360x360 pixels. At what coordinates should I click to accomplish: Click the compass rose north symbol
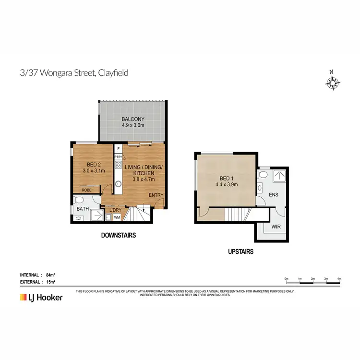pyautogui.click(x=332, y=83)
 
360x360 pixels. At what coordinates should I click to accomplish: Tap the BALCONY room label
pyautogui.click(x=133, y=119)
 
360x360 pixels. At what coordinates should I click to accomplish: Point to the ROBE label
pyautogui.click(x=86, y=190)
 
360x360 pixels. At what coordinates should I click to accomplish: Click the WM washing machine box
pyautogui.click(x=117, y=217)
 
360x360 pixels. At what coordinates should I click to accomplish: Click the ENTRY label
pyautogui.click(x=156, y=195)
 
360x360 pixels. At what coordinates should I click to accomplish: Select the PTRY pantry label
pyautogui.click(x=118, y=157)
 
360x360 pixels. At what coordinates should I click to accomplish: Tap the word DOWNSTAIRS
pyautogui.click(x=119, y=236)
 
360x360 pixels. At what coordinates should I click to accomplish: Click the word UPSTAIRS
pyautogui.click(x=241, y=252)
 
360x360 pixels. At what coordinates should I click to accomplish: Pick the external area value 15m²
pyautogui.click(x=51, y=282)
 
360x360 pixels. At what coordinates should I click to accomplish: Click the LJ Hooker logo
pyautogui.click(x=41, y=298)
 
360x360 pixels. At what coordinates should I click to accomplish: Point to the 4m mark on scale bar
pyautogui.click(x=339, y=278)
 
